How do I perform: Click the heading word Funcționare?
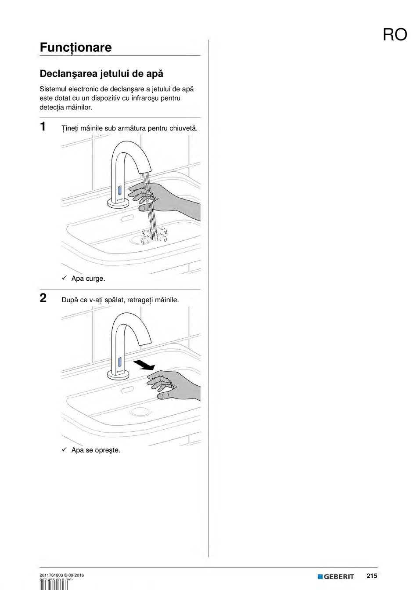75,47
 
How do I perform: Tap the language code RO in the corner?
395,35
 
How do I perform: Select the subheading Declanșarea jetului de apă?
101,73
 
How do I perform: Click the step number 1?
43,127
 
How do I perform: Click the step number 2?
43,298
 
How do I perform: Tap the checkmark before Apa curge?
64,278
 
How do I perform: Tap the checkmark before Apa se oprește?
64,449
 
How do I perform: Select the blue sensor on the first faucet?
119,191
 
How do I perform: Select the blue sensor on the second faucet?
119,362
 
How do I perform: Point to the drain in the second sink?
140,412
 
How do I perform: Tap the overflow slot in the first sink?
128,218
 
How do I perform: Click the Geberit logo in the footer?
336,576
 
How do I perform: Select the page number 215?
372,576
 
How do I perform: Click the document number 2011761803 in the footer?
51,575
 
